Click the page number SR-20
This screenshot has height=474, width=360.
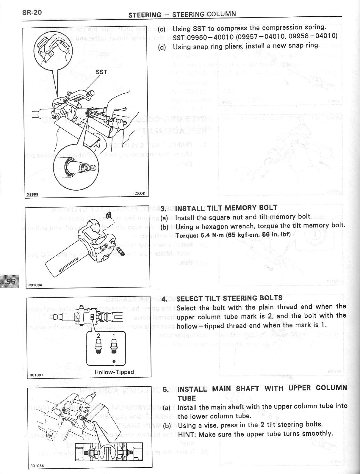pyautogui.click(x=32, y=12)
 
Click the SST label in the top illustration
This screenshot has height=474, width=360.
pyautogui.click(x=101, y=72)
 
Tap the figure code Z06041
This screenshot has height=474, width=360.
pyautogui.click(x=140, y=193)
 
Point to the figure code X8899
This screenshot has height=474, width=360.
pyautogui.click(x=32, y=195)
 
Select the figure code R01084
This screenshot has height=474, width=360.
pyautogui.click(x=35, y=285)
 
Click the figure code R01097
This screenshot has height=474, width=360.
pyautogui.click(x=36, y=375)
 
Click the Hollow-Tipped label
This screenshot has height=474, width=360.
pyautogui.click(x=114, y=372)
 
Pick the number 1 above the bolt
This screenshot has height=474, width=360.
pyautogui.click(x=113, y=336)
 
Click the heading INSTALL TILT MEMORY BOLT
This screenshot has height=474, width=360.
pyautogui.click(x=226, y=208)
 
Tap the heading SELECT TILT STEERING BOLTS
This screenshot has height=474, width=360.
pyautogui.click(x=229, y=298)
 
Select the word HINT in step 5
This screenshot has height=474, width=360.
pyautogui.click(x=187, y=434)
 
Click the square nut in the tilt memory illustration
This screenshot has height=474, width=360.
pyautogui.click(x=108, y=215)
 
